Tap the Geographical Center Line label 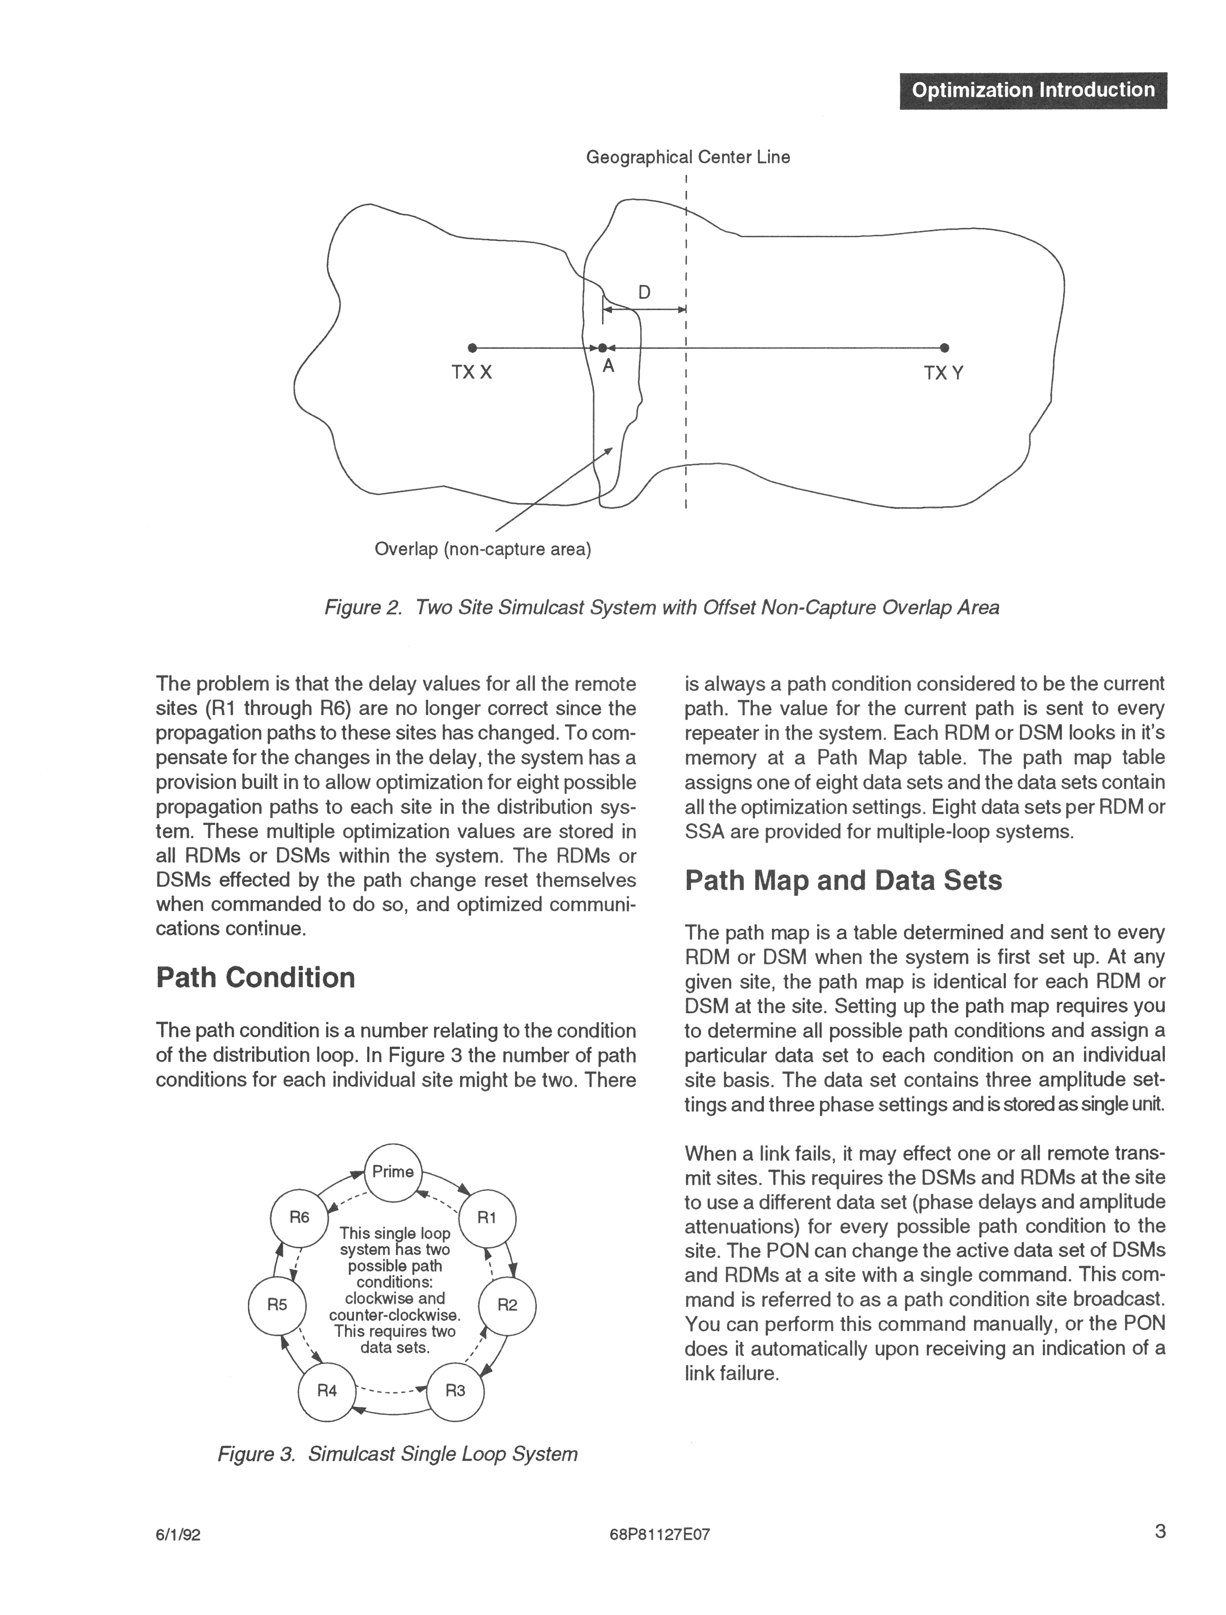[688, 157]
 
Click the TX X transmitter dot [472, 347]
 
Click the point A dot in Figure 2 [603, 348]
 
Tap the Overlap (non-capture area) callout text [483, 549]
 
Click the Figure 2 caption [661, 607]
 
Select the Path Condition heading [256, 978]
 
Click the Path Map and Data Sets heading [843, 881]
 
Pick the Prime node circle [393, 1172]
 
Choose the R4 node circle [327, 1391]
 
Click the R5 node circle [277, 1305]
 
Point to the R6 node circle [299, 1217]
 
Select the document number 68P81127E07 [659, 1535]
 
